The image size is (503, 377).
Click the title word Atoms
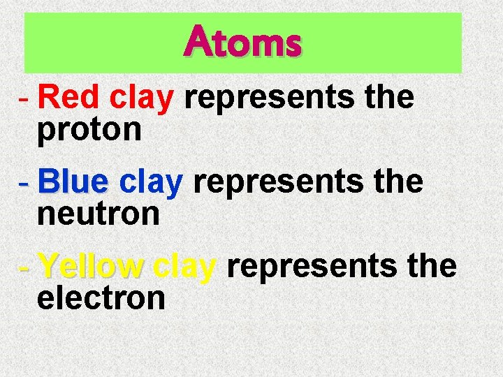[243, 43]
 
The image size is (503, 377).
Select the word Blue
[73, 183]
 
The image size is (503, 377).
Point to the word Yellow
[90, 267]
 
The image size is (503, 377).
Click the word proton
[89, 129]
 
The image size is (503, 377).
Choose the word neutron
[99, 214]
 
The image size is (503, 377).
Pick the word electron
[101, 299]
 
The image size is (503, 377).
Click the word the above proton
[389, 99]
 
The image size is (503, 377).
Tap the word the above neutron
[398, 183]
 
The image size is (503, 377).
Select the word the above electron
[431, 267]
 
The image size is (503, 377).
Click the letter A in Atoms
[197, 42]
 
